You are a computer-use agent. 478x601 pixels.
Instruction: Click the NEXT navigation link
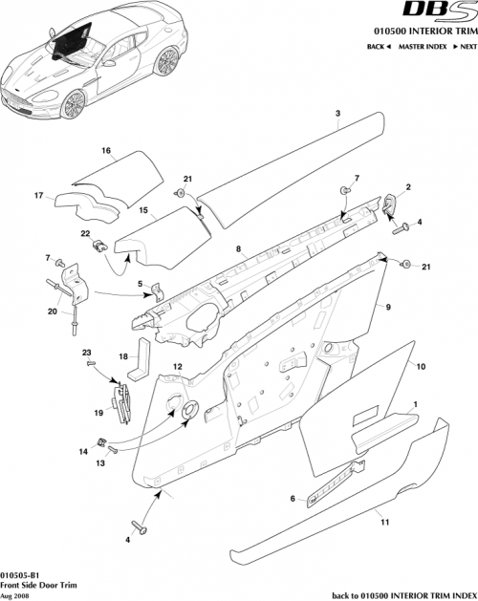[464, 46]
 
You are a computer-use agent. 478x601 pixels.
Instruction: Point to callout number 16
[106, 150]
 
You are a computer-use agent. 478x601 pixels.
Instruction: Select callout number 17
[41, 197]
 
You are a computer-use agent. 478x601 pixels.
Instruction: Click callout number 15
[141, 209]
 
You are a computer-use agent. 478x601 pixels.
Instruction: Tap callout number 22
[85, 233]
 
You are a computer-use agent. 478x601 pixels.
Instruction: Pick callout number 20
[52, 311]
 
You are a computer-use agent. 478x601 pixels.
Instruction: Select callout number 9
[389, 308]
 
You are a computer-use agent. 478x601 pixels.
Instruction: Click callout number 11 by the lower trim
[384, 524]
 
